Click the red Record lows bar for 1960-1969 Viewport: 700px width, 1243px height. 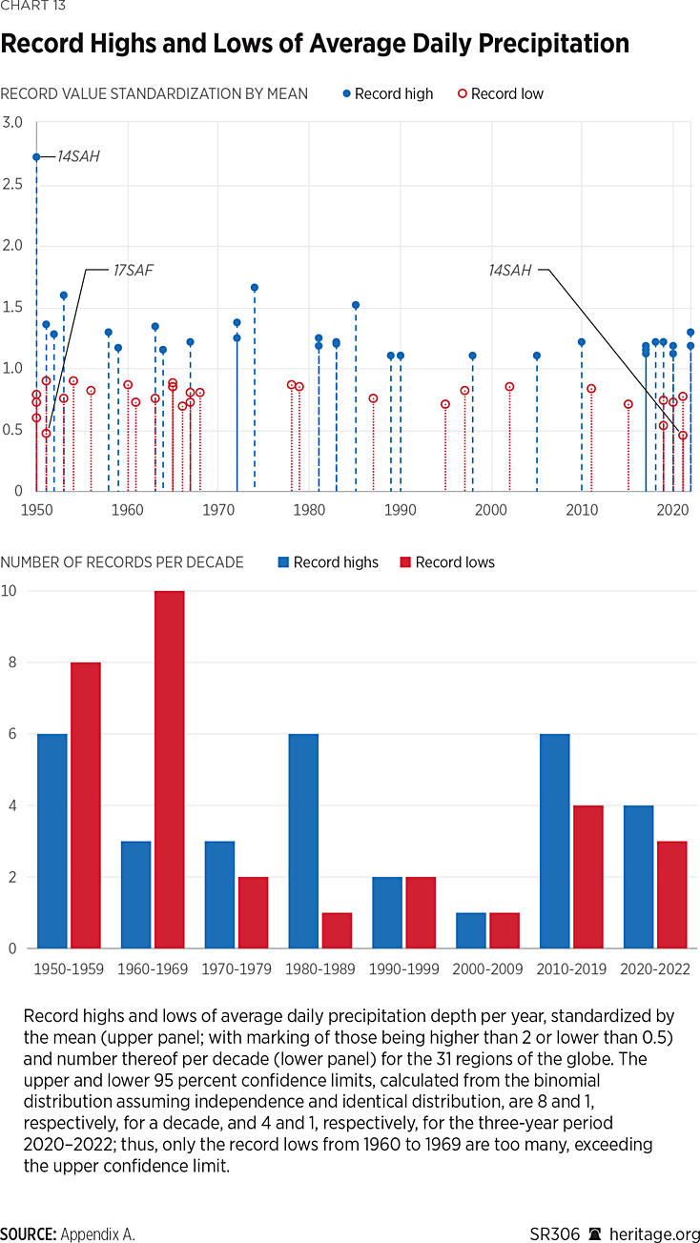coord(169,769)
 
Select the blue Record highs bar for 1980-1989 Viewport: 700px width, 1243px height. coord(304,841)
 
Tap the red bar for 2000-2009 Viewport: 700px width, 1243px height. coord(504,930)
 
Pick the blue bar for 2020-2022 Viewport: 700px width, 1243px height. coord(638,877)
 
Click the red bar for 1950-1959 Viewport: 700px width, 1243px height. coord(85,805)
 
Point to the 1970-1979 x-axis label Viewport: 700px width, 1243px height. coord(237,968)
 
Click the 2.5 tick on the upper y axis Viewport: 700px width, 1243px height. coord(12,183)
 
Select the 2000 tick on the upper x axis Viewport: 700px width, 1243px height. coord(491,510)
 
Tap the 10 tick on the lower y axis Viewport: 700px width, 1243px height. coord(9,591)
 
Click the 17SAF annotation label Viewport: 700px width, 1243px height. coord(133,271)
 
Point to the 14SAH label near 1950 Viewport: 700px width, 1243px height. coord(79,155)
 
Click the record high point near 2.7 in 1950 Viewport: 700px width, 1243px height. coord(36,156)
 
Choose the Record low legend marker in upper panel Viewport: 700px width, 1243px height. coord(463,93)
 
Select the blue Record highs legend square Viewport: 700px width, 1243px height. coord(283,562)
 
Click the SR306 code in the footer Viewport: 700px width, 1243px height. coord(555,1233)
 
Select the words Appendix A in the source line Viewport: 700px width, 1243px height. coord(97,1233)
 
